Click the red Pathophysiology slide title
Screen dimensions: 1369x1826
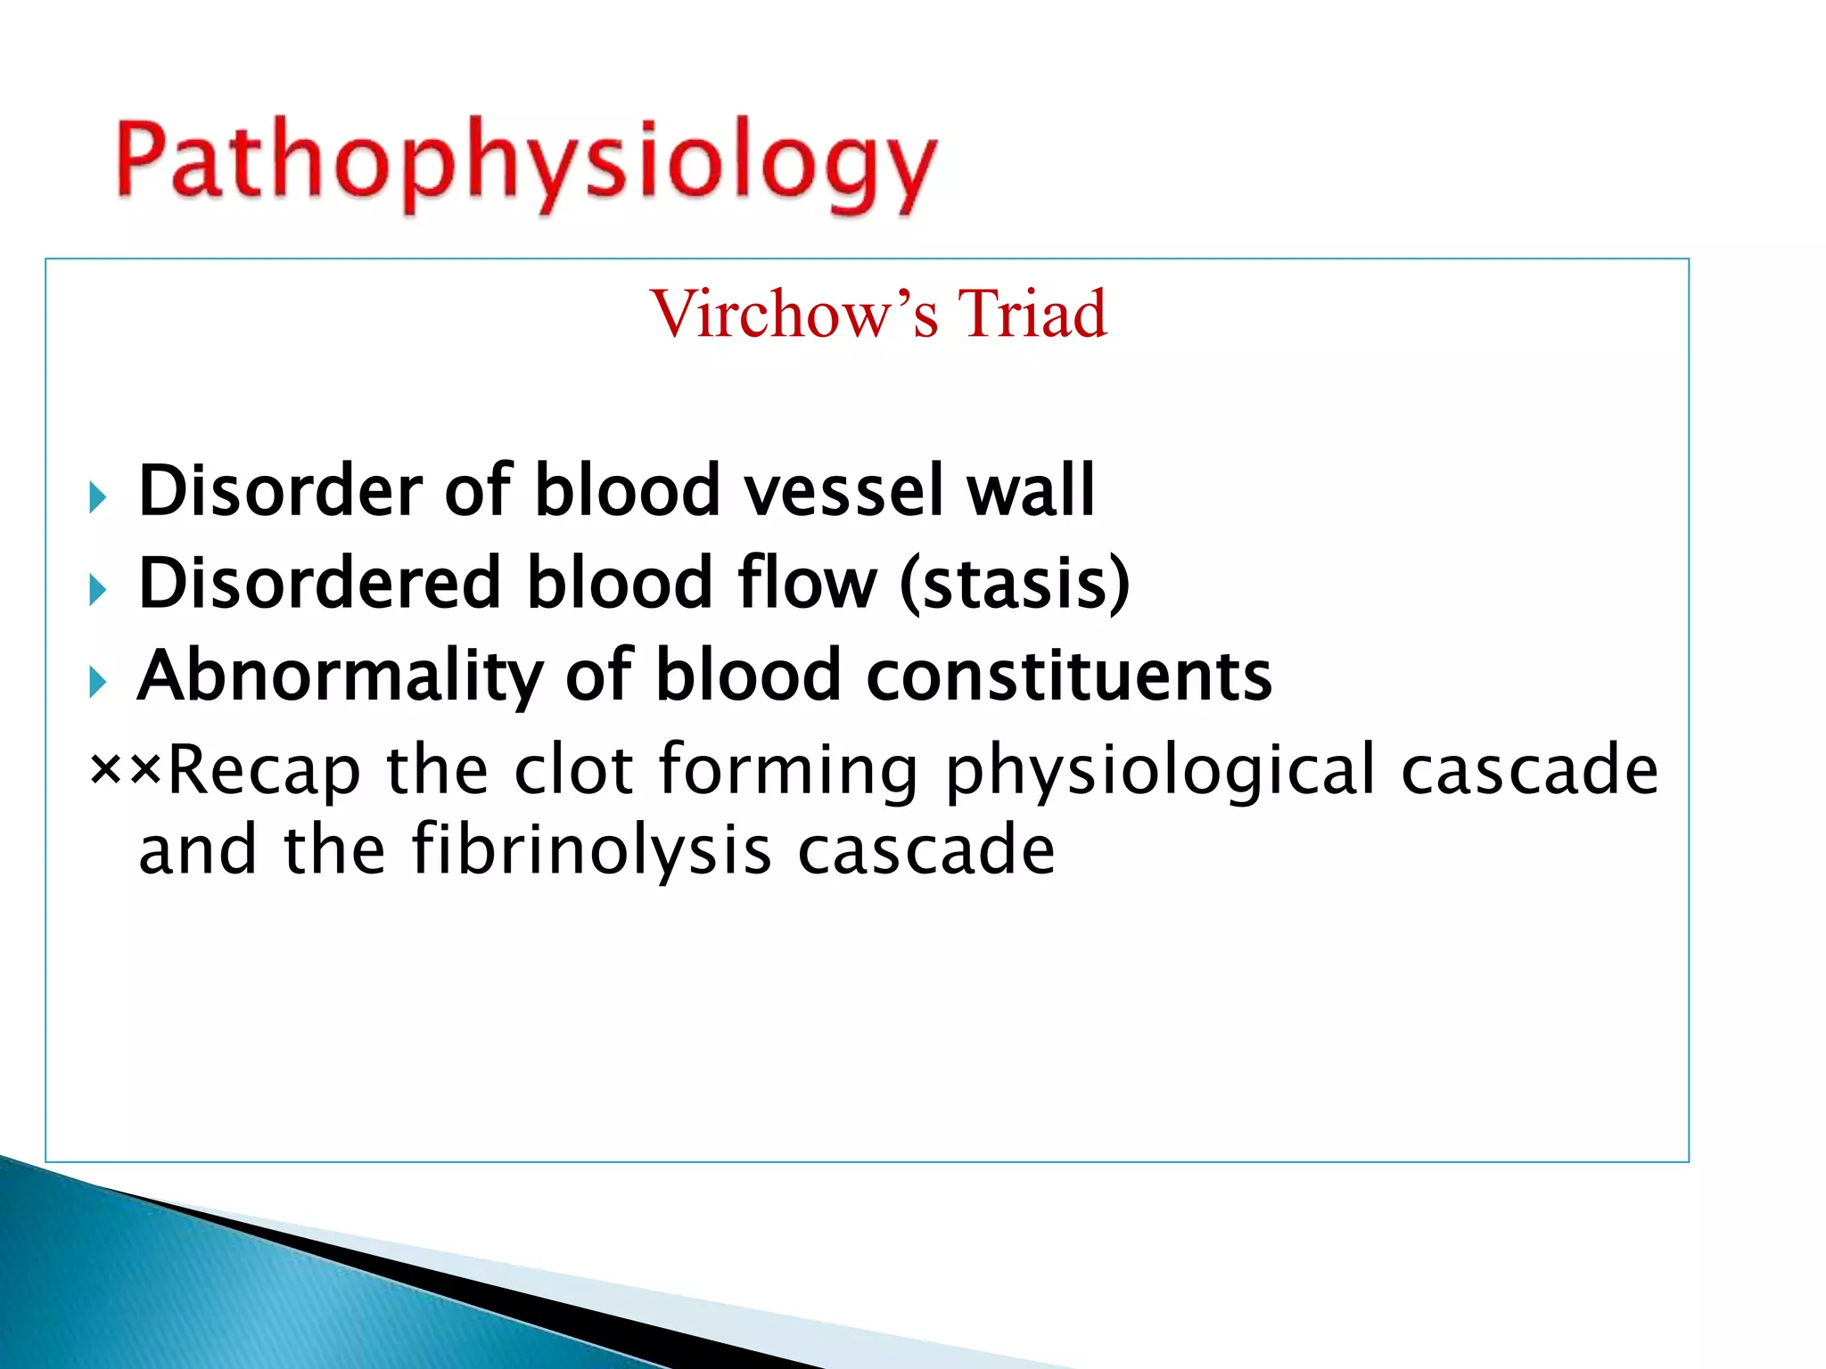click(526, 165)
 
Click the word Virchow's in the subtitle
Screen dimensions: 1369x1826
click(794, 315)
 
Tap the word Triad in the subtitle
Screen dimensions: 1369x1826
click(1032, 315)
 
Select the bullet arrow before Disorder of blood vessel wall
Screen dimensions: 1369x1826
click(97, 497)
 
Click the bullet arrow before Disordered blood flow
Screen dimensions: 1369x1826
click(97, 590)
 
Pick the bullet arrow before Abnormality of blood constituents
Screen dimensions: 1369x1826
click(97, 683)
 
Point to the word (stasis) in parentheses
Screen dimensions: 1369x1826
click(1015, 584)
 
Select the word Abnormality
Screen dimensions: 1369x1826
click(340, 677)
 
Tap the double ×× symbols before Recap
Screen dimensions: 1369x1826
click(126, 768)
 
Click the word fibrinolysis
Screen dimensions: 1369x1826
click(591, 849)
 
